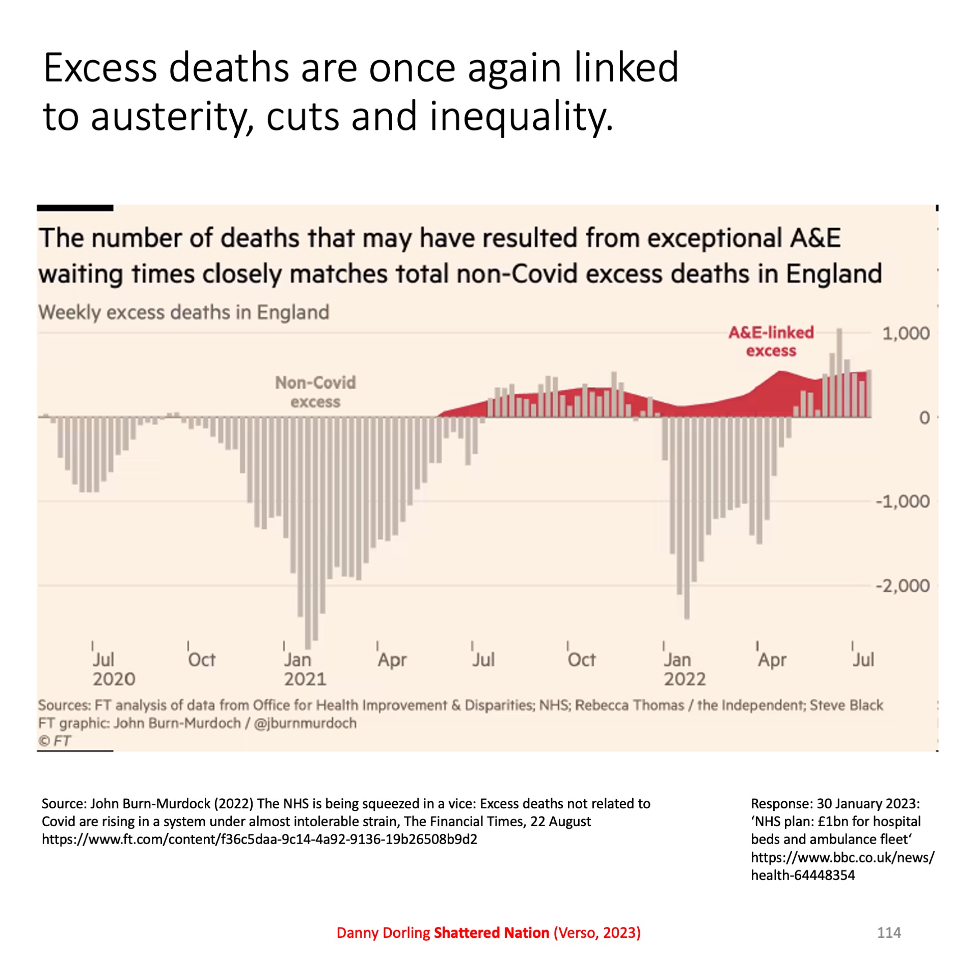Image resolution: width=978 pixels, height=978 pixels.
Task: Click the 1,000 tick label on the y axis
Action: tap(906, 334)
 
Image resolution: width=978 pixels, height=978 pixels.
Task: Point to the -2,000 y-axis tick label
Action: tap(903, 586)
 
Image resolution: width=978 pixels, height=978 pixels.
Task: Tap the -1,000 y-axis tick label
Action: tap(903, 502)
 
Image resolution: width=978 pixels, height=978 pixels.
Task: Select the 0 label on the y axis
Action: tap(924, 418)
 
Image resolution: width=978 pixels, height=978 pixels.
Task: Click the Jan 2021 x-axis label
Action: tap(305, 669)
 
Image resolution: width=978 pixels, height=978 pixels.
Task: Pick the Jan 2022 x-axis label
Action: tap(684, 669)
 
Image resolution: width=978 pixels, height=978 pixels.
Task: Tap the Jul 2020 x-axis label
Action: tap(114, 669)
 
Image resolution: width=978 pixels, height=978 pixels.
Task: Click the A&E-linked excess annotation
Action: tap(771, 342)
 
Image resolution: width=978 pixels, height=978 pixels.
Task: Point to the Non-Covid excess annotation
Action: tap(315, 392)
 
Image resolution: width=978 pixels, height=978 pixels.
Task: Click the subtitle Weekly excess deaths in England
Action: tap(184, 312)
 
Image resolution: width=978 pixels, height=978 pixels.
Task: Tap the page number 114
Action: tap(889, 933)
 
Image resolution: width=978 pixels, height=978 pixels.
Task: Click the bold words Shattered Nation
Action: tap(491, 933)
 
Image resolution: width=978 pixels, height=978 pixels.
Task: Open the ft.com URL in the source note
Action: tap(259, 839)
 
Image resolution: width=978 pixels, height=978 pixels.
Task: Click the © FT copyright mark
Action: tap(55, 741)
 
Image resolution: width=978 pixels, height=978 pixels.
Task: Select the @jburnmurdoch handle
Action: tap(305, 723)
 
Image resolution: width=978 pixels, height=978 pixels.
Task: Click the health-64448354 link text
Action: tap(803, 875)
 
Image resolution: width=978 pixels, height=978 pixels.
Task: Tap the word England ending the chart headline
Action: tap(833, 274)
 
